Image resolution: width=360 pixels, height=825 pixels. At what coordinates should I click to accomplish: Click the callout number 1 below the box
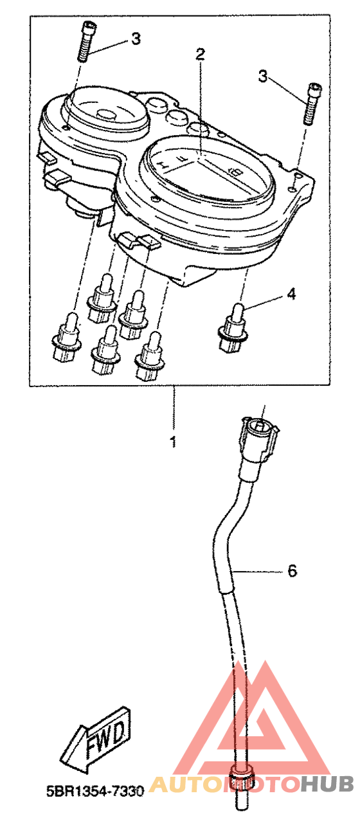[173, 441]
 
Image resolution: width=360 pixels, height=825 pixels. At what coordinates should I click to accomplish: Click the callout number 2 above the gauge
[200, 54]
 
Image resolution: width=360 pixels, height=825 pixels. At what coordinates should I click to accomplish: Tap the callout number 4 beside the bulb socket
[291, 294]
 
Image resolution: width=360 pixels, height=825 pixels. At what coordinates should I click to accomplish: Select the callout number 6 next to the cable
[292, 571]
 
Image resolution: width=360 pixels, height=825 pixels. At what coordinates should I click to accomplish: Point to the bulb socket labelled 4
[232, 328]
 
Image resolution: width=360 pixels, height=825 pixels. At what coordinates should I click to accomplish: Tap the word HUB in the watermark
[327, 784]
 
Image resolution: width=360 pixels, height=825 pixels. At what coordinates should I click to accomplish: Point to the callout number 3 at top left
[136, 39]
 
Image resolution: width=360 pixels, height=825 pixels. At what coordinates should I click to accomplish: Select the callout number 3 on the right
[262, 77]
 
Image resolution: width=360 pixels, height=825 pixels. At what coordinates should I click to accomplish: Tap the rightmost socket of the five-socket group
[149, 356]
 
